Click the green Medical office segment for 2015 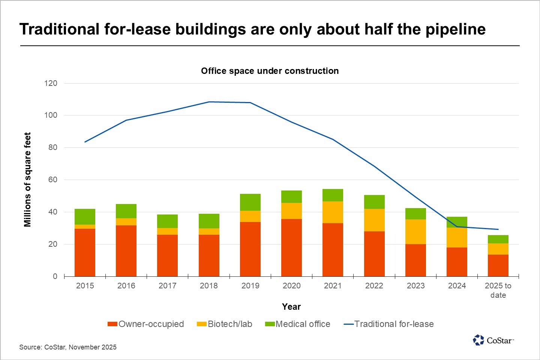pos(85,217)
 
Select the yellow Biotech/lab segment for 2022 pos(374,220)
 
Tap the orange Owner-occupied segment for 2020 pos(291,247)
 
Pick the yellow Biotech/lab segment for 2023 pos(415,232)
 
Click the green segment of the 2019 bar pos(250,202)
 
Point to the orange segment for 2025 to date pos(498,265)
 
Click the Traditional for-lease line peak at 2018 pos(209,102)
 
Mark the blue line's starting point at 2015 pos(85,142)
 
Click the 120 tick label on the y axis pos(51,83)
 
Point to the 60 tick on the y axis pos(52,180)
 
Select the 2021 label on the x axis pos(333,286)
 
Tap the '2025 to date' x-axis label pos(498,290)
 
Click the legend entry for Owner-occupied pos(146,324)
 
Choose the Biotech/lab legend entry pos(225,324)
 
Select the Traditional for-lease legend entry pos(389,324)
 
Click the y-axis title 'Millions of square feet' pos(27,180)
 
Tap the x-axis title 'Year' pos(291,307)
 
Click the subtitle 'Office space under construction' pos(270,71)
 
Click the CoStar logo pos(493,340)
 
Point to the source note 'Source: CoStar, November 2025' pos(68,347)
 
